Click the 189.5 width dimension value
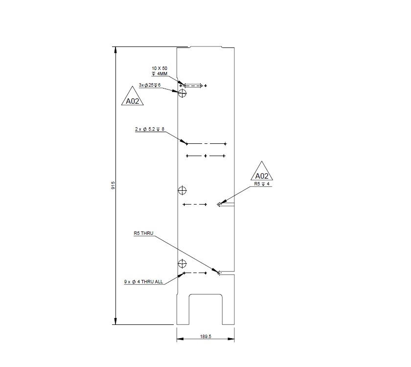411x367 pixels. tap(205, 336)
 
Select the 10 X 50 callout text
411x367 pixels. tap(160, 68)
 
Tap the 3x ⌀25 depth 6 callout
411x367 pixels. tap(150, 85)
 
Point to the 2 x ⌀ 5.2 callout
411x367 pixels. tap(150, 129)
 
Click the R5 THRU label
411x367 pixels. tap(144, 234)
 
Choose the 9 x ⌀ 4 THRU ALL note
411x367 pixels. tap(144, 282)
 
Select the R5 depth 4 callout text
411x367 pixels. tap(262, 184)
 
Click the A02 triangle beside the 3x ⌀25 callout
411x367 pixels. tap(133, 98)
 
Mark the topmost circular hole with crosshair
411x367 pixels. tap(183, 93)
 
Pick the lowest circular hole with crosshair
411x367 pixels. tap(183, 264)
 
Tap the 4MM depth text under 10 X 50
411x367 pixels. tap(160, 73)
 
